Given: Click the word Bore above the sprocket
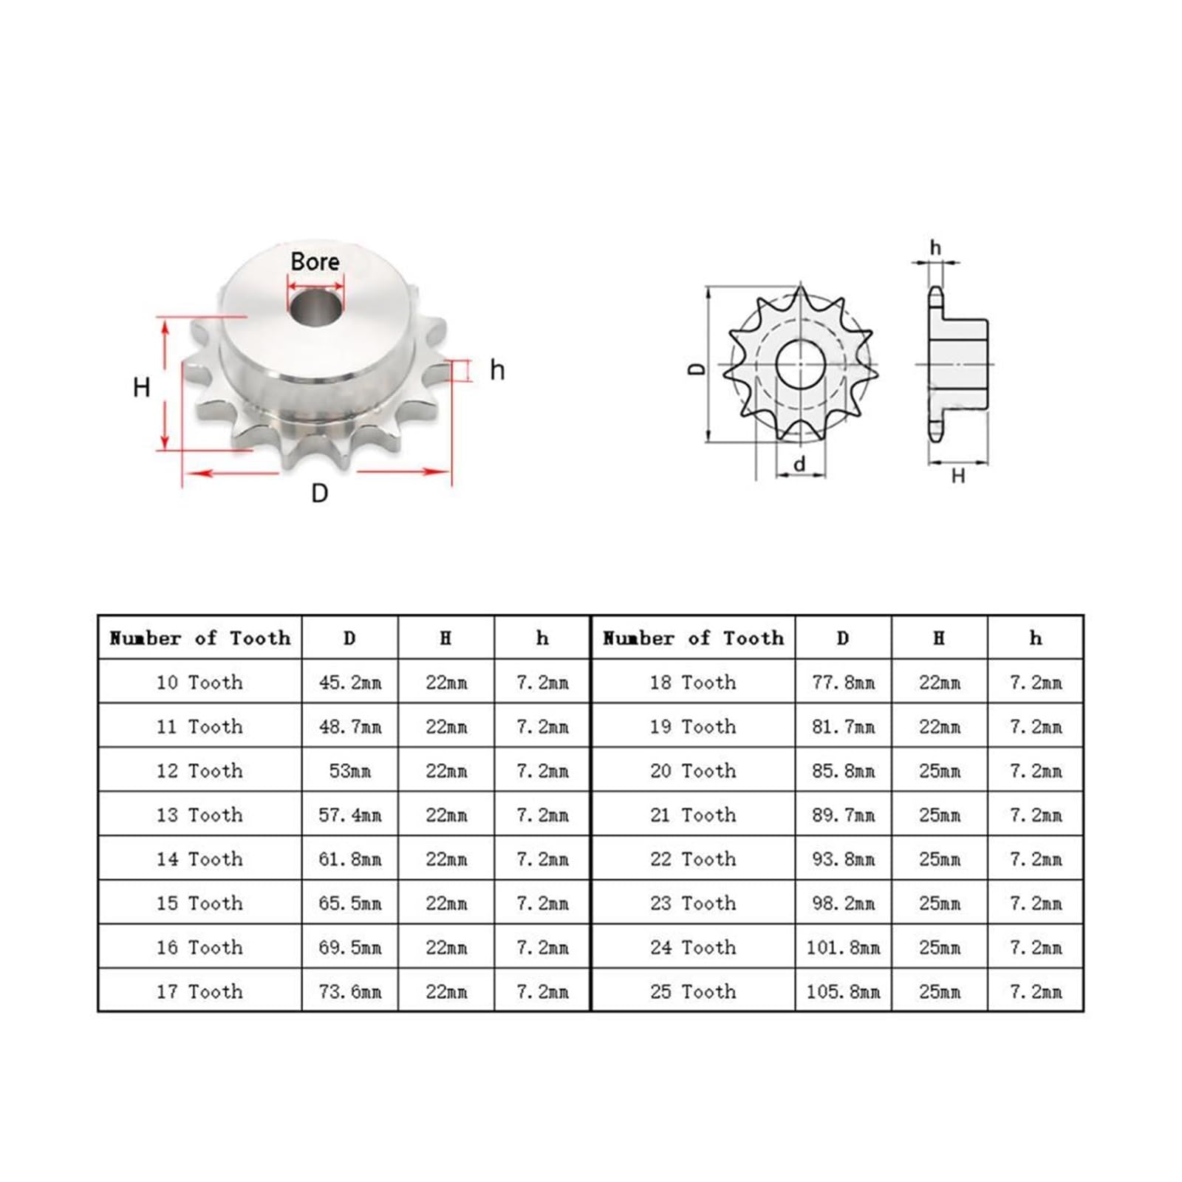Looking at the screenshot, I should click(x=315, y=262).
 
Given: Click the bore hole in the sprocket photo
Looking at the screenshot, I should click(x=316, y=308).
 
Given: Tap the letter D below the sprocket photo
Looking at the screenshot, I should click(x=319, y=493).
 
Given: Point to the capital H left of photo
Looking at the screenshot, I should click(x=141, y=387).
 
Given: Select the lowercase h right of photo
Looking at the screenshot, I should click(x=497, y=370).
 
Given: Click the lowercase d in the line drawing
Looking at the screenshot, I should click(x=799, y=464).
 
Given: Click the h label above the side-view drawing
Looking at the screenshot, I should click(x=935, y=247).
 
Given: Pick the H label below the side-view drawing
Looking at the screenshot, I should click(x=957, y=476).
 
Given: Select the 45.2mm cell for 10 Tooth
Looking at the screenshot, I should click(x=349, y=682).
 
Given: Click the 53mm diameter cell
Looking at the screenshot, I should click(x=349, y=771).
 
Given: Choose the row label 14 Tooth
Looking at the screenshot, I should click(x=199, y=859).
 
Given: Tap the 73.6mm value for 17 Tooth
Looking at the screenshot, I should click(x=349, y=991).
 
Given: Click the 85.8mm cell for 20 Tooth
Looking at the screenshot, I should click(x=843, y=771).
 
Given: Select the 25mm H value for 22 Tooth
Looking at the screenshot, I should click(x=939, y=859).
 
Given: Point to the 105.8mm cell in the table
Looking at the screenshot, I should click(x=843, y=991).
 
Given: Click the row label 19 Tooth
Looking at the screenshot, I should click(x=692, y=726).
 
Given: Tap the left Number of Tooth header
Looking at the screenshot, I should click(x=199, y=638).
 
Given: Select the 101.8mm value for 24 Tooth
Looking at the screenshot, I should click(x=843, y=947).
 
